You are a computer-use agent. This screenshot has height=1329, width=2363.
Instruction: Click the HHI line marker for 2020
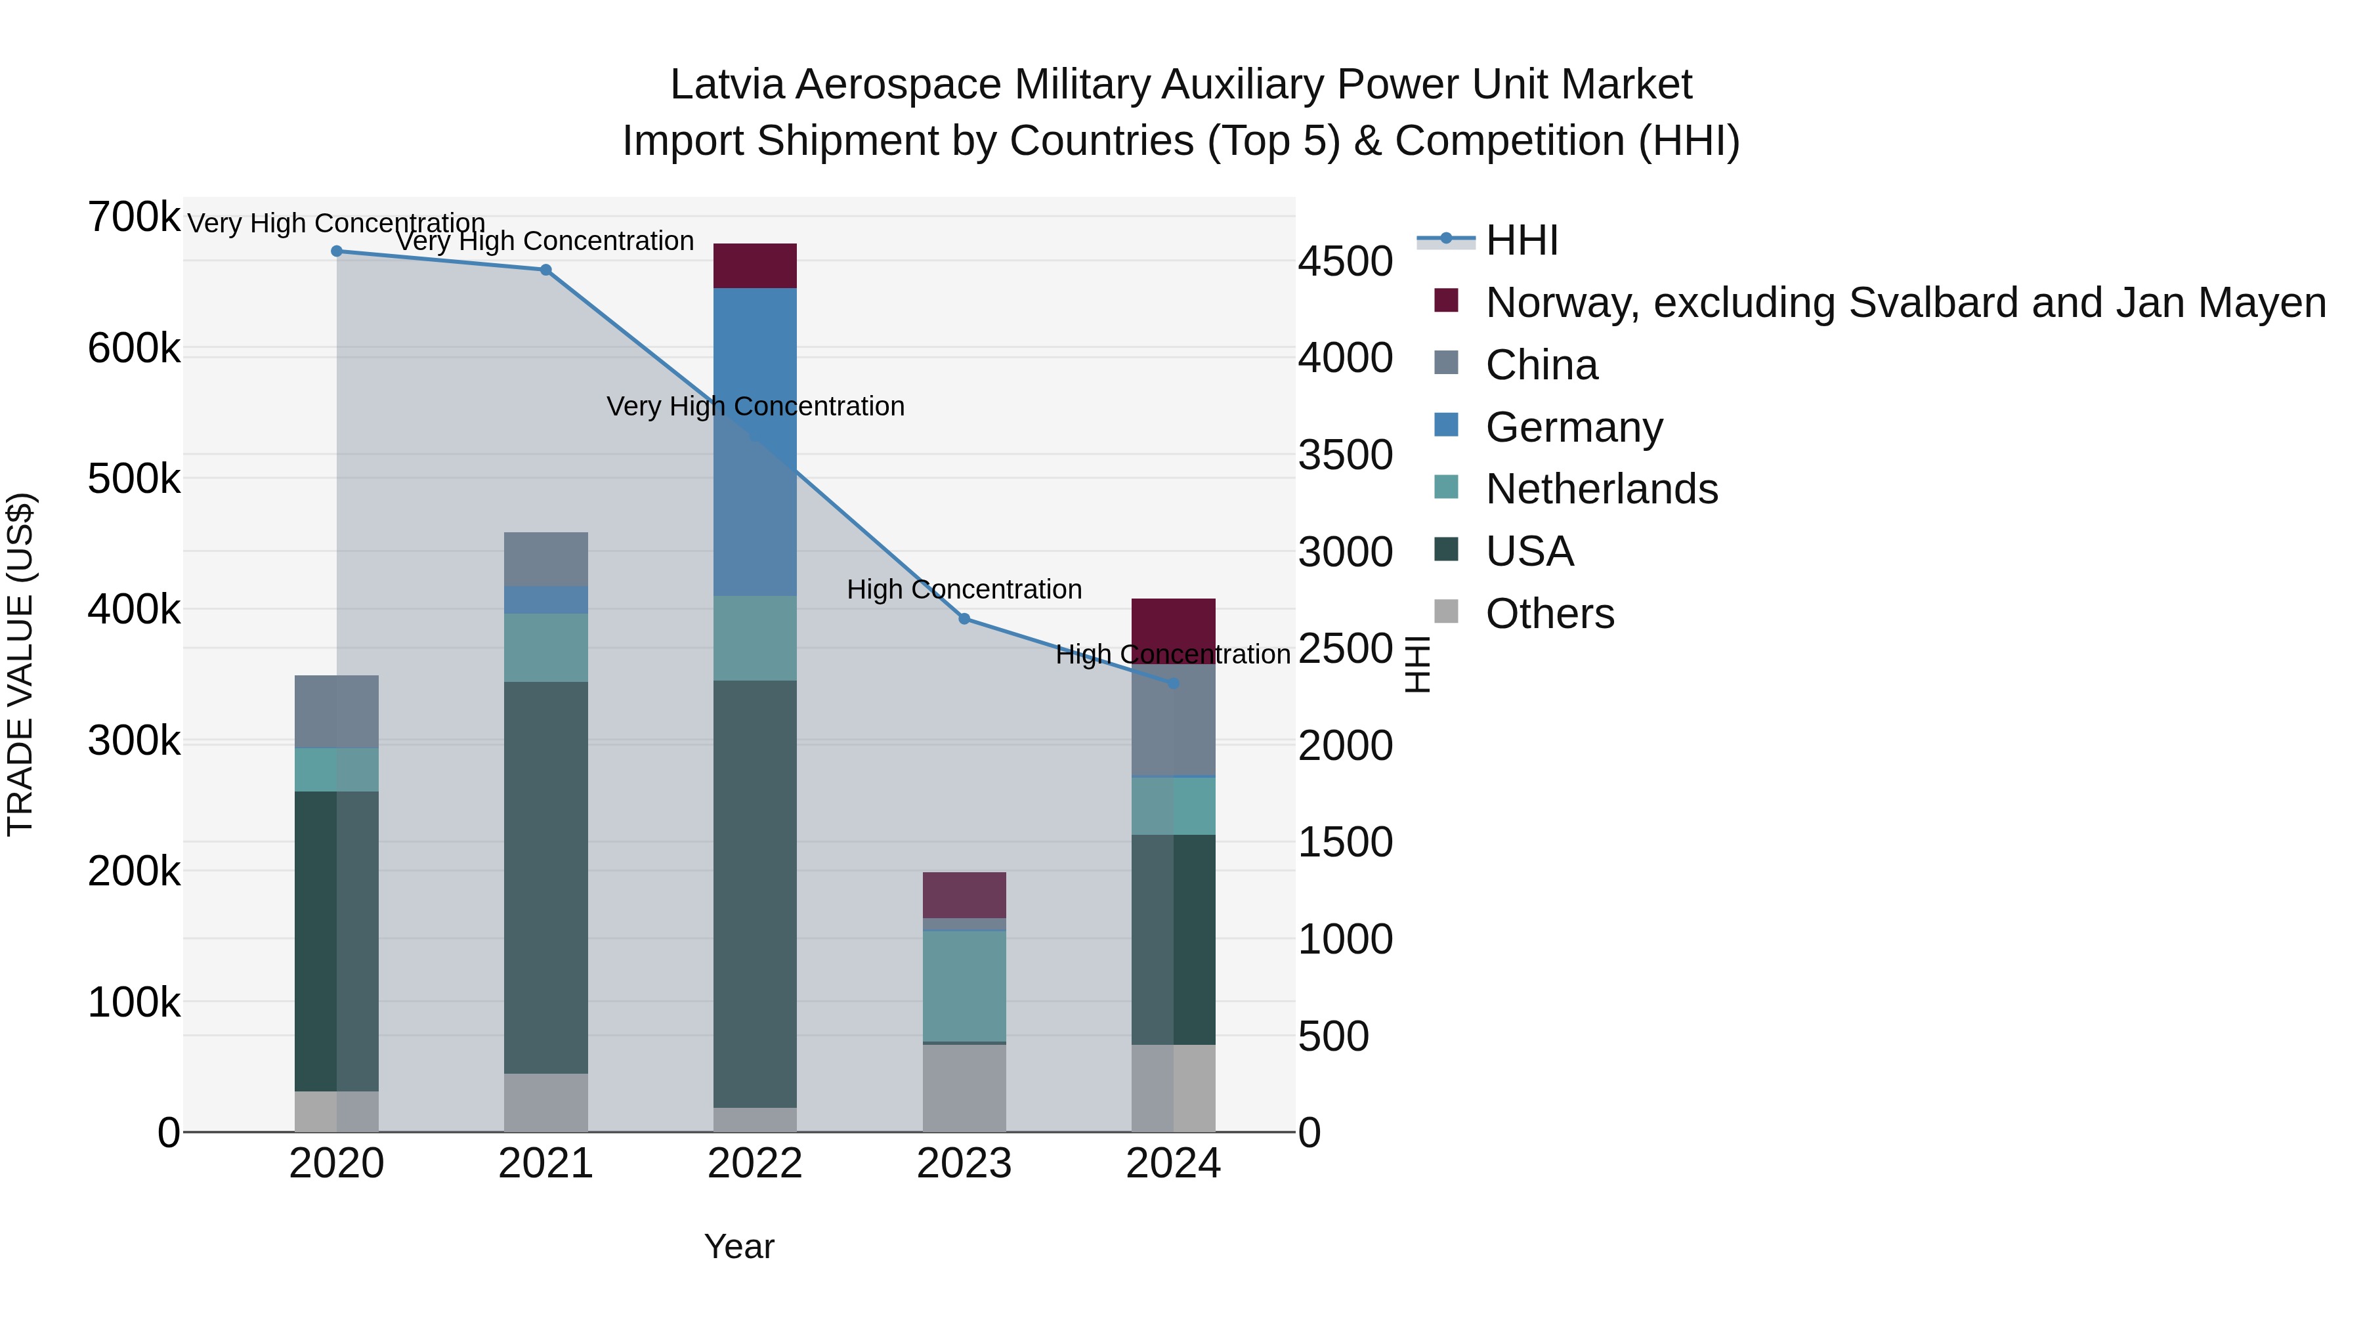337,251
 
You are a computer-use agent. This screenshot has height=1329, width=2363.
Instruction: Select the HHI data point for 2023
964,619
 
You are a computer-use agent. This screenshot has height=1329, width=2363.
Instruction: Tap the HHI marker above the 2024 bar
1173,683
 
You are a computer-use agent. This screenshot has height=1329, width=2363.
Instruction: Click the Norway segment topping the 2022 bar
755,266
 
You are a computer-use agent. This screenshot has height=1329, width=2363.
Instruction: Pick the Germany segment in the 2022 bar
755,440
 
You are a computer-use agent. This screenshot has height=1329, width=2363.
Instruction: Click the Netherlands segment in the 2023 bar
964,986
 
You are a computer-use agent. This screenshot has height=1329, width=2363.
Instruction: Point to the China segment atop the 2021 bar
546,559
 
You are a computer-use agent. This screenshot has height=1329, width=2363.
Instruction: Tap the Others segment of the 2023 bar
964,1087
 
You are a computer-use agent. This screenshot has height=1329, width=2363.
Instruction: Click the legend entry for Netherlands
1601,489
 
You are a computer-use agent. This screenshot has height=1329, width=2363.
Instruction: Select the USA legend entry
1529,551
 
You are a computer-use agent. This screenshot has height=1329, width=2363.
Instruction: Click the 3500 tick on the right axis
1345,455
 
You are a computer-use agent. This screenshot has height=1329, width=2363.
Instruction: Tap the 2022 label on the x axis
755,1164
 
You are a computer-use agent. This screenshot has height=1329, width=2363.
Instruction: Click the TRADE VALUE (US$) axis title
21,664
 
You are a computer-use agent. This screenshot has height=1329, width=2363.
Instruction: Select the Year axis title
738,1246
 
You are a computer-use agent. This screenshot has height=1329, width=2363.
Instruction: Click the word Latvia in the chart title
727,85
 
